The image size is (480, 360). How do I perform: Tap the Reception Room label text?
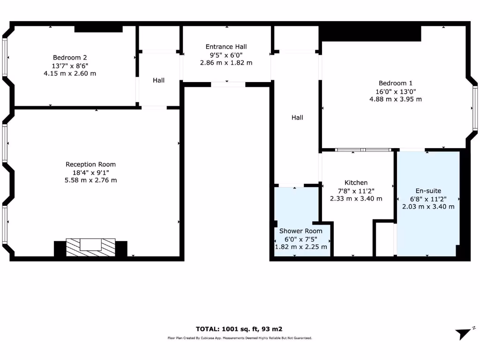(x=90, y=164)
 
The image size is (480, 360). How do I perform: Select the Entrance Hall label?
(x=226, y=46)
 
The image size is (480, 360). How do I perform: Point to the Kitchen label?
(x=356, y=182)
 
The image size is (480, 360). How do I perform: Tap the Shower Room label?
(x=301, y=231)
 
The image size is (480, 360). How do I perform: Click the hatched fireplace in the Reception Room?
(x=90, y=247)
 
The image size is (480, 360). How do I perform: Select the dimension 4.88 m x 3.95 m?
(x=396, y=99)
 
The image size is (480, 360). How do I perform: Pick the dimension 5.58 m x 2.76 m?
(x=90, y=180)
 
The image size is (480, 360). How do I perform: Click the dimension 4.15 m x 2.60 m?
(x=70, y=73)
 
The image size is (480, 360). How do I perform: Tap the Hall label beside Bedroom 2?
(x=158, y=80)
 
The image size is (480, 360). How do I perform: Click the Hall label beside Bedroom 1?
(x=297, y=117)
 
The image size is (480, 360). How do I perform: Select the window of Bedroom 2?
(x=5, y=57)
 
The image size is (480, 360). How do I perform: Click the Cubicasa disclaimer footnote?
(x=240, y=338)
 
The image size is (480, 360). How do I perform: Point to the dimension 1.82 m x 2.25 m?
(x=301, y=247)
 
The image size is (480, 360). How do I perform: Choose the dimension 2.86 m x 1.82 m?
(x=226, y=62)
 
